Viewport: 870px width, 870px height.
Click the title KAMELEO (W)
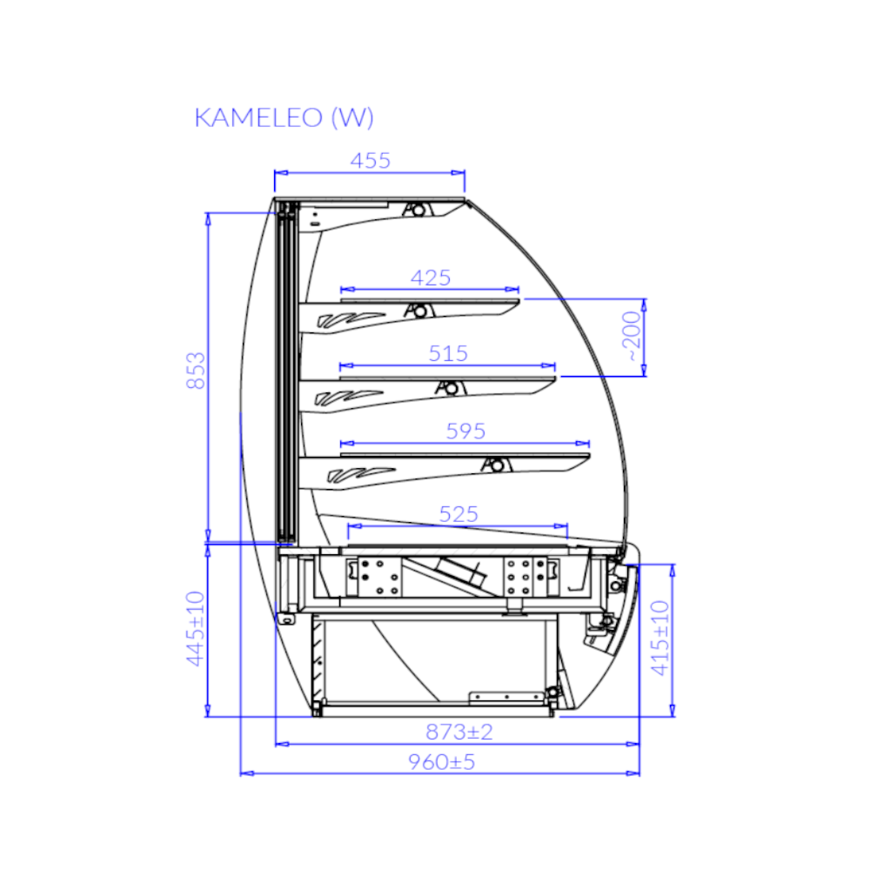pyautogui.click(x=284, y=117)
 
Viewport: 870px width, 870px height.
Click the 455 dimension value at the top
pyautogui.click(x=370, y=161)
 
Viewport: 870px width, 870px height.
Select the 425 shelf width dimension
pyautogui.click(x=430, y=278)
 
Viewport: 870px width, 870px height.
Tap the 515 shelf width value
pyautogui.click(x=448, y=353)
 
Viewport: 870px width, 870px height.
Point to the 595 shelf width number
pyautogui.click(x=465, y=432)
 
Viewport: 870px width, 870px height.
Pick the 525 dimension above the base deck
pyautogui.click(x=458, y=514)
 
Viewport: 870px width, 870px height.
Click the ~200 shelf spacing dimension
pyautogui.click(x=632, y=336)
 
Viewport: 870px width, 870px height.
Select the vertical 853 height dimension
pyautogui.click(x=196, y=371)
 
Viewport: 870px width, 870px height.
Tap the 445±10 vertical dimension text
pyautogui.click(x=195, y=629)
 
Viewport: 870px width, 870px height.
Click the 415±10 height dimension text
pyautogui.click(x=660, y=638)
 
